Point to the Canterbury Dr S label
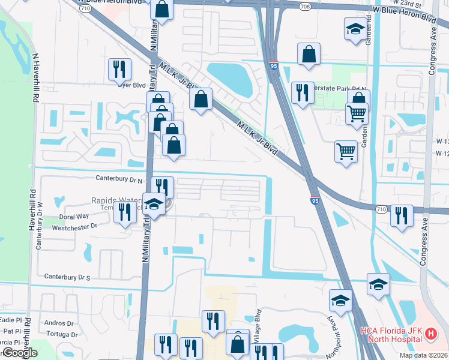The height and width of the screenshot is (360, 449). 67,277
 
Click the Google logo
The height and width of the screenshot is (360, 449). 20,353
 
